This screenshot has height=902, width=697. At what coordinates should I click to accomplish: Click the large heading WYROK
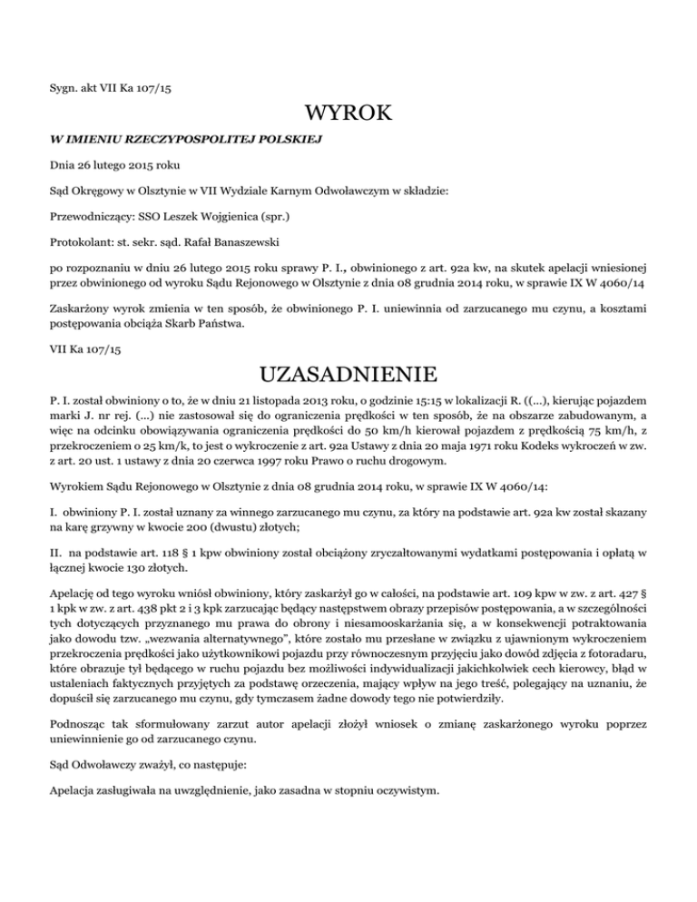coord(348,115)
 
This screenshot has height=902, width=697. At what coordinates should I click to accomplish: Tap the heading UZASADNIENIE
coord(348,375)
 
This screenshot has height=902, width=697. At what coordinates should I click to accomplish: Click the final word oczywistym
coord(403,790)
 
